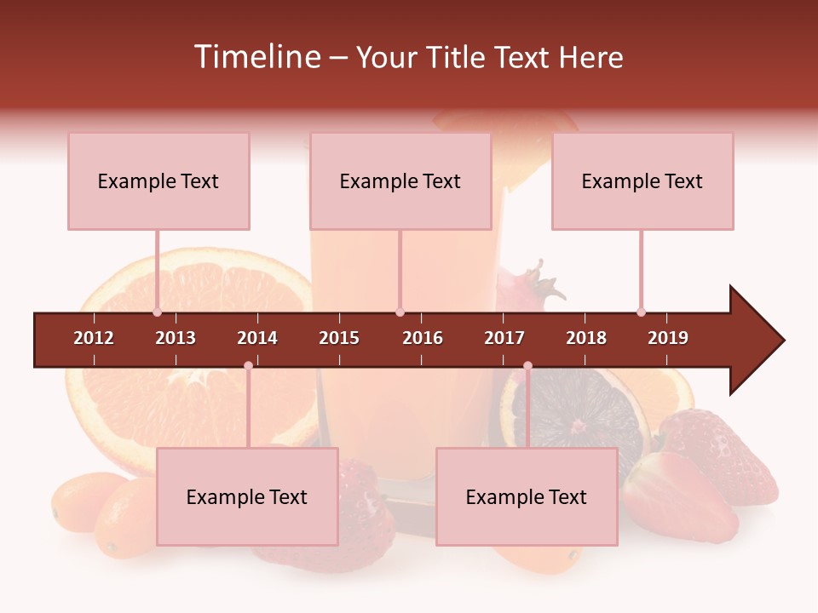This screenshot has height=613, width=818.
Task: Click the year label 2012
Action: [x=94, y=338]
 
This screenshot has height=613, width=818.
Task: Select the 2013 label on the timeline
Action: [x=176, y=338]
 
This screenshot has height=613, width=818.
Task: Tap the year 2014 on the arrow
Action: [x=257, y=338]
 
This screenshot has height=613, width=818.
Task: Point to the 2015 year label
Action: [x=339, y=338]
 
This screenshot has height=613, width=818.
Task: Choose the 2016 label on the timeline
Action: [x=423, y=338]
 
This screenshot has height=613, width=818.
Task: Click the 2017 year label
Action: [x=504, y=338]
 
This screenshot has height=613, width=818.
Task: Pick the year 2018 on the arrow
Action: [x=586, y=338]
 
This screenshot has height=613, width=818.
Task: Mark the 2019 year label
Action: [x=668, y=338]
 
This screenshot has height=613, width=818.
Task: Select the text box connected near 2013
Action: [x=158, y=181]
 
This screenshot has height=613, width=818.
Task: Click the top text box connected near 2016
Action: [x=400, y=181]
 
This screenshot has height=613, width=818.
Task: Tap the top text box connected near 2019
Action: [x=642, y=181]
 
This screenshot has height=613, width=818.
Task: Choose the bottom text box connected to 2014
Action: [x=247, y=497]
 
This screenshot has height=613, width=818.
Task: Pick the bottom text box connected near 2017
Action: [x=527, y=497]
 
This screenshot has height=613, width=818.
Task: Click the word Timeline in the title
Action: [x=256, y=57]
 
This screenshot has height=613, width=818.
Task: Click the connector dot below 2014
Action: [x=248, y=366]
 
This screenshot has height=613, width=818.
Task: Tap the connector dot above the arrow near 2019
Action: [x=641, y=312]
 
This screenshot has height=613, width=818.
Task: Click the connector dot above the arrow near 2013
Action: [x=157, y=312]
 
